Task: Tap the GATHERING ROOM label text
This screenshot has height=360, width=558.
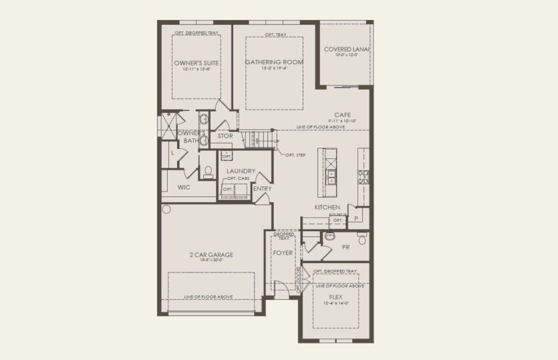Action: point(273,62)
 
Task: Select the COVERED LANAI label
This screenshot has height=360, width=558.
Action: point(347,49)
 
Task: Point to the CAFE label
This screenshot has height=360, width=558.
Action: point(343,114)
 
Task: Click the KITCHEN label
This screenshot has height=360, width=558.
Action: point(327,208)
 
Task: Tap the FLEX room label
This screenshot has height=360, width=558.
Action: point(336,297)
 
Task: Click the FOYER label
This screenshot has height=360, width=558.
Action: point(283,253)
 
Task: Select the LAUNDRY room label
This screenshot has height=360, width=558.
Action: point(241,171)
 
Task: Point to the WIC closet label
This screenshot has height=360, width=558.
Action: point(184,188)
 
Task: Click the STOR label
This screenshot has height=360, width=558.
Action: point(225,136)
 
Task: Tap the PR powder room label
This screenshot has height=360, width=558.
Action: point(345,246)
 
